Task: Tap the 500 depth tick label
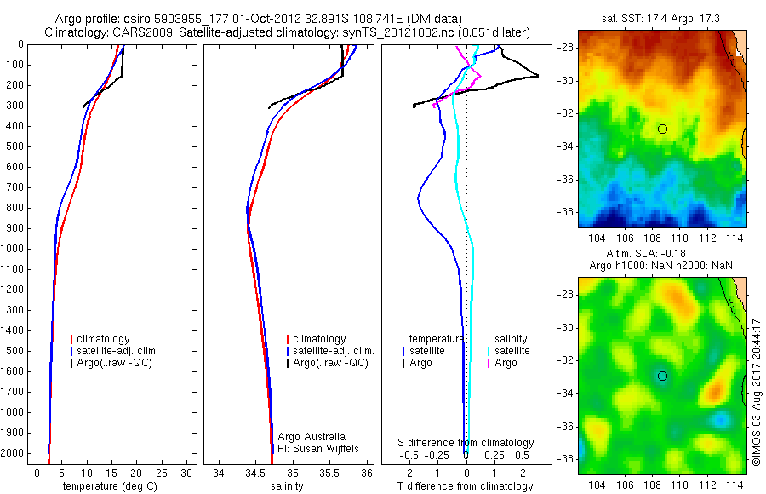point(14,146)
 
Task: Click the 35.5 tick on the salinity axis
point(330,472)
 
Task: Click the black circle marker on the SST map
point(662,129)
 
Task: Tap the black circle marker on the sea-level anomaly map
point(662,376)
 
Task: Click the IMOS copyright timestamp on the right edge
point(756,392)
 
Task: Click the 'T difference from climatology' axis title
point(467,486)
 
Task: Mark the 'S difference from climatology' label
point(466,443)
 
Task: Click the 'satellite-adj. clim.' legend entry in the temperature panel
point(117,351)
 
